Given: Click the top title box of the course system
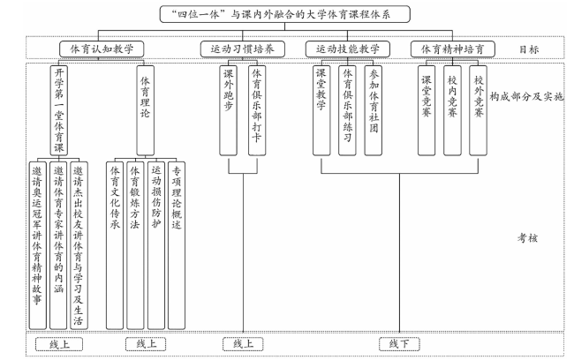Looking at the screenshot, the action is click(285, 14).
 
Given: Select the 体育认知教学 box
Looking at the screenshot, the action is click(102, 49).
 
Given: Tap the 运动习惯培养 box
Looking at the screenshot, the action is click(242, 49).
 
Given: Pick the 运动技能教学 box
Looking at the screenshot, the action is click(348, 49).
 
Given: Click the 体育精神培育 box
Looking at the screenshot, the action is click(452, 49).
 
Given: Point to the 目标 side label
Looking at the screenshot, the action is click(529, 49).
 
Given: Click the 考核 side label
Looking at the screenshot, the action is click(527, 238).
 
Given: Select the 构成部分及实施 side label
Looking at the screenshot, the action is click(526, 96).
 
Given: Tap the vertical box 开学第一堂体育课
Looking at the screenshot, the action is click(59, 110).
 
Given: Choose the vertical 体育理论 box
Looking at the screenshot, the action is click(145, 110).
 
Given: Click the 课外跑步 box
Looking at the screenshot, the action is click(228, 110).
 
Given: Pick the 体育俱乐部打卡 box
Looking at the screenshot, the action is click(257, 110).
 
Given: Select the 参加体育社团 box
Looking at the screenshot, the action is click(373, 110).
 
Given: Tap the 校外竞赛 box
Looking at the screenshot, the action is click(478, 110).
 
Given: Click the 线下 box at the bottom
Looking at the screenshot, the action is click(399, 344).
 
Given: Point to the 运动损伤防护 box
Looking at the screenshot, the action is click(156, 245).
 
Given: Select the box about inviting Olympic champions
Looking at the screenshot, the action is click(37, 245).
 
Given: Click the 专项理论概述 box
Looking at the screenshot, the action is click(177, 245).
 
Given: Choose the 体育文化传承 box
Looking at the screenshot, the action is click(115, 245).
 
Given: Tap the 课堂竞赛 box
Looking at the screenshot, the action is click(427, 110).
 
